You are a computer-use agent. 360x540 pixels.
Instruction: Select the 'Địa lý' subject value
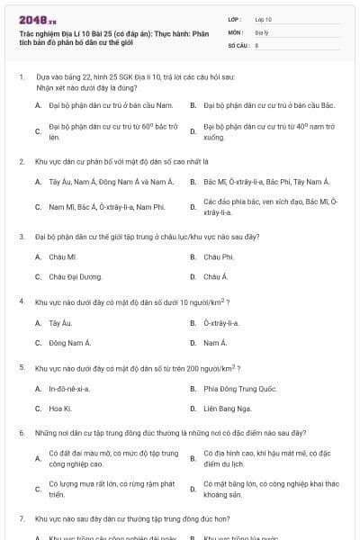point(262,31)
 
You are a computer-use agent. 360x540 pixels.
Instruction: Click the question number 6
point(22,433)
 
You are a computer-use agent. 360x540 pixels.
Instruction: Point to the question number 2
point(22,161)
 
